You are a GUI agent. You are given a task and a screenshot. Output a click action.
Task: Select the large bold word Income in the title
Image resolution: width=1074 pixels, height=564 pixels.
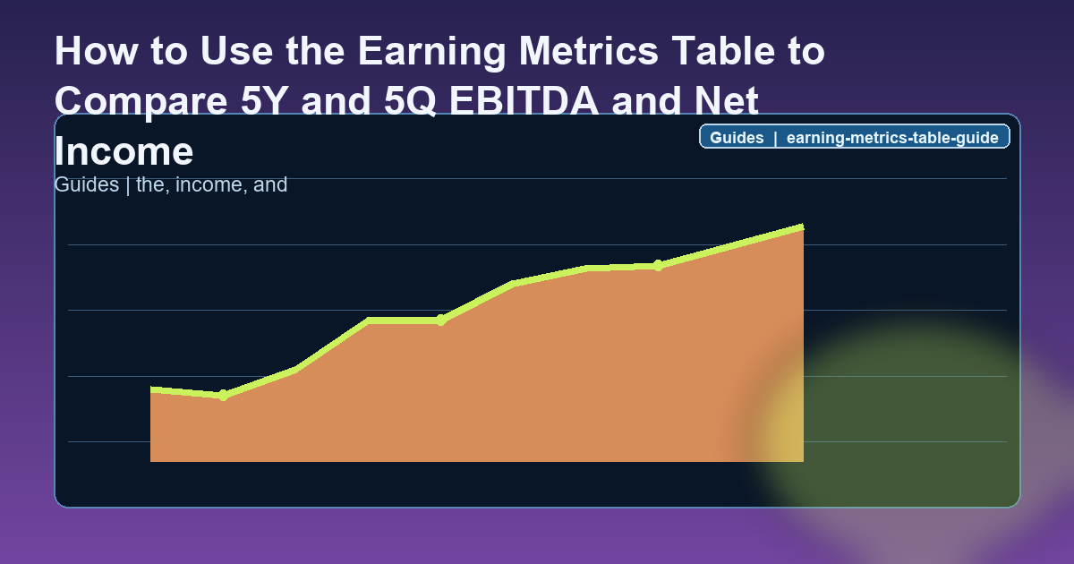pos(124,151)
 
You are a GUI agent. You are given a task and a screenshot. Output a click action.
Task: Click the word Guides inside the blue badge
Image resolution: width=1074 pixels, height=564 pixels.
pos(737,138)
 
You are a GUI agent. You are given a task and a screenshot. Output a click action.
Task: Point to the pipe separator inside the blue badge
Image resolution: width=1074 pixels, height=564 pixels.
pos(775,138)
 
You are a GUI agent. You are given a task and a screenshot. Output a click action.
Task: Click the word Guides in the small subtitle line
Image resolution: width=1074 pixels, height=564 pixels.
pos(85,185)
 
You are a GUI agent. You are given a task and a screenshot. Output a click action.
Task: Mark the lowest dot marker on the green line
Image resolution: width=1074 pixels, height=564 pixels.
pos(224,395)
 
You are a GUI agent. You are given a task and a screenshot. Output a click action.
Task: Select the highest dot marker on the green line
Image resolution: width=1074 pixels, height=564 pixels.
pos(658,265)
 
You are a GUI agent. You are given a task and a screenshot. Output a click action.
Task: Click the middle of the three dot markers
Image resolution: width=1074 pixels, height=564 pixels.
pos(441,320)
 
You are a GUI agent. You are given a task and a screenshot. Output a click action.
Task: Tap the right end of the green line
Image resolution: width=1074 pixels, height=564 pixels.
pos(802,227)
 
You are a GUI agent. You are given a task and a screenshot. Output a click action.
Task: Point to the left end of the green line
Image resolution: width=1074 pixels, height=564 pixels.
pos(152,389)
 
